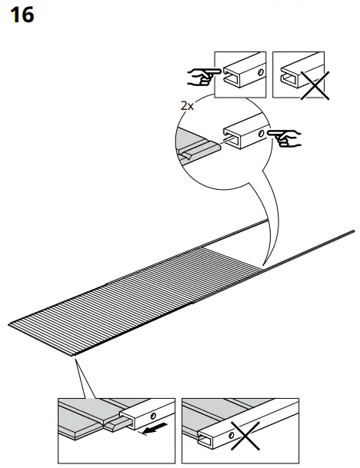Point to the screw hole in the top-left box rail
(260, 71)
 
